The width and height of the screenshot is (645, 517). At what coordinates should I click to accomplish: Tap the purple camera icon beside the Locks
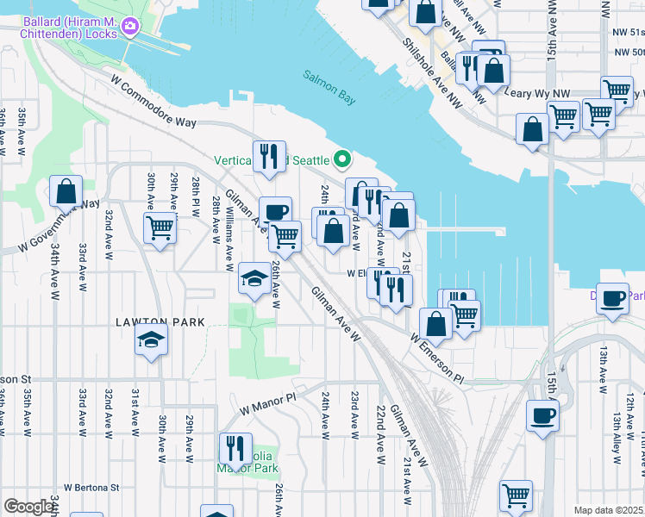130,26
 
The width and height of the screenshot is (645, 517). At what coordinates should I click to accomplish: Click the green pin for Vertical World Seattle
342,159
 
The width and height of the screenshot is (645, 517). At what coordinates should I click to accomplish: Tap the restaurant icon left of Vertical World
269,156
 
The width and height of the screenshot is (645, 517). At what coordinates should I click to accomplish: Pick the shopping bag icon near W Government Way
66,190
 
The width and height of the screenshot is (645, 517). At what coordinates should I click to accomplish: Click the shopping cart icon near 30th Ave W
160,228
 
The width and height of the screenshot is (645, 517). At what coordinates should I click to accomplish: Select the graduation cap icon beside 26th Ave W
254,277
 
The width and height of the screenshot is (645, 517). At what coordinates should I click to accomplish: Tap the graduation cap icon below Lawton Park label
151,339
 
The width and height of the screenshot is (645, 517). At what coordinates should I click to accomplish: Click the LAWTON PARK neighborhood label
160,322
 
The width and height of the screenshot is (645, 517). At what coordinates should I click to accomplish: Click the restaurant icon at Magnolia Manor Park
235,447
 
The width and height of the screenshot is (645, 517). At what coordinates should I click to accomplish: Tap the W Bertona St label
91,487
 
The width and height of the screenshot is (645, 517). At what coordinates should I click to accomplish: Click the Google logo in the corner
28,507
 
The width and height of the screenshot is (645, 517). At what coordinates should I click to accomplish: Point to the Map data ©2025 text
607,510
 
